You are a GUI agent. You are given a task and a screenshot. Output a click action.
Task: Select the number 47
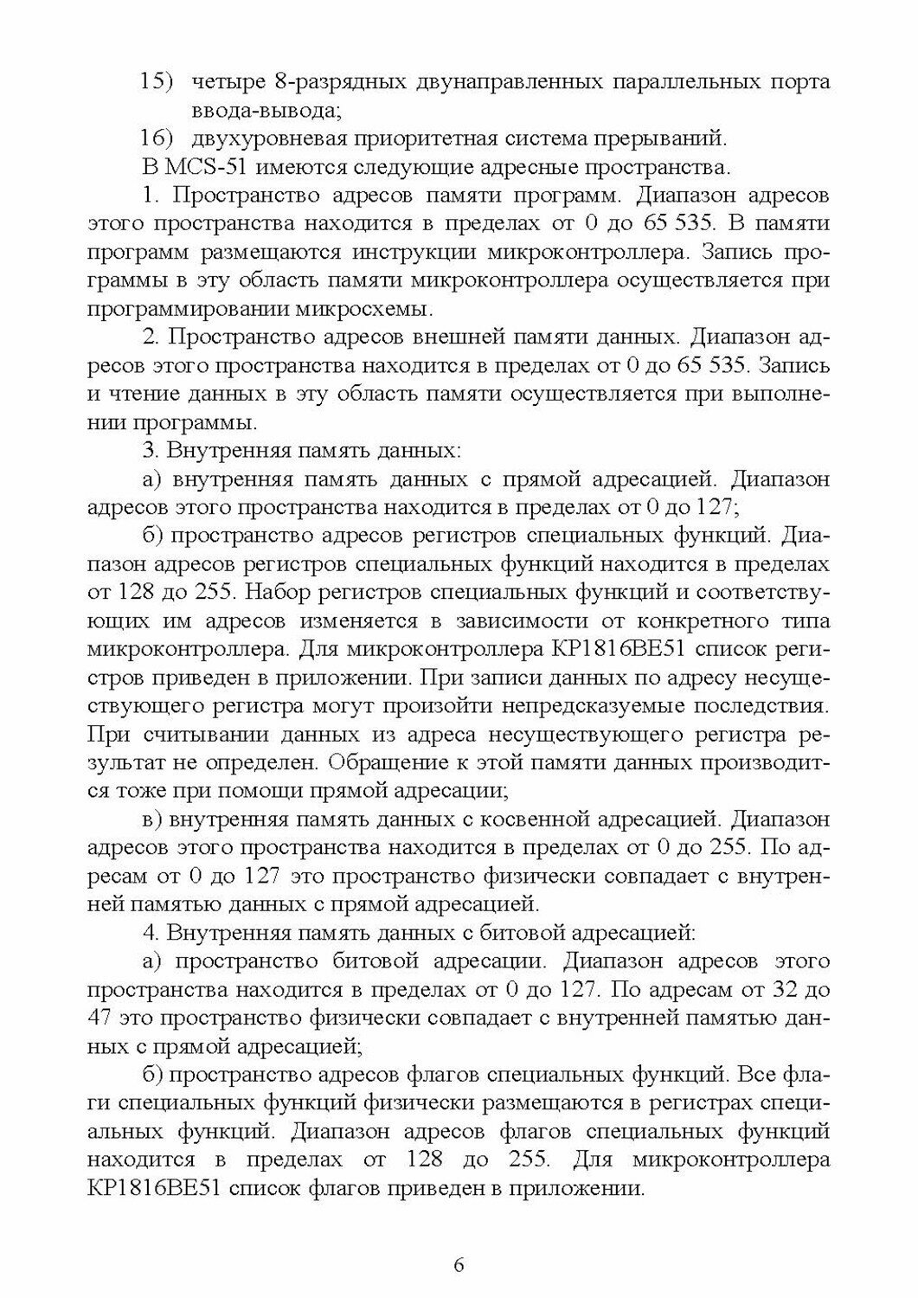(104, 1016)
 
